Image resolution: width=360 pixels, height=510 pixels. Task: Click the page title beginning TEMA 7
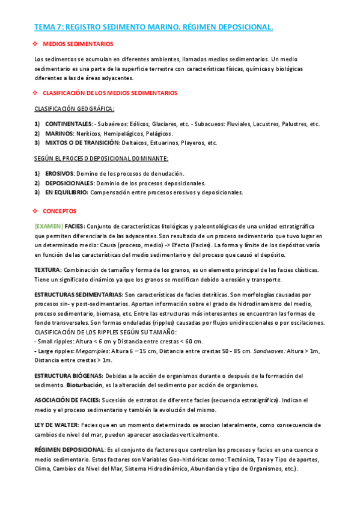tap(153, 27)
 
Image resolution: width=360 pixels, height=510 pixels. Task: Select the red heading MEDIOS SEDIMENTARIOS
tap(78, 45)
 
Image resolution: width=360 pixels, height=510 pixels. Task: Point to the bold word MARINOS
tap(59, 134)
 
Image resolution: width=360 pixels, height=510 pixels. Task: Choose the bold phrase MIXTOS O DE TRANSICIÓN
tap(82, 143)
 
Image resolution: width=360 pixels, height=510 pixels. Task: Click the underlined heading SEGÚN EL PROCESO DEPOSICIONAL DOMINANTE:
tap(101, 158)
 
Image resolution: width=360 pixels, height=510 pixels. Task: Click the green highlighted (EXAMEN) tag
tap(49, 226)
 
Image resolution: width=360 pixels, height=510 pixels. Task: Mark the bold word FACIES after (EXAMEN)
tap(75, 226)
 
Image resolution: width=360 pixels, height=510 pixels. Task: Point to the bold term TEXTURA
tap(47, 270)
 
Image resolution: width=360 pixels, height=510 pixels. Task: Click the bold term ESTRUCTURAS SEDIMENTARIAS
tap(78, 295)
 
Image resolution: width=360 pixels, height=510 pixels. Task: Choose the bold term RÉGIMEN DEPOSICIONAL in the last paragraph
tap(70, 449)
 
